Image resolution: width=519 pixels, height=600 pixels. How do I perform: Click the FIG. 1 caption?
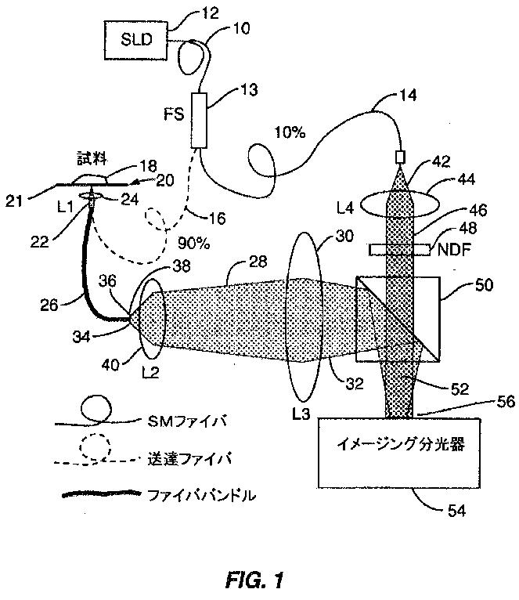click(x=254, y=580)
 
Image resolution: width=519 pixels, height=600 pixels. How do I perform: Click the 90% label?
click(x=193, y=244)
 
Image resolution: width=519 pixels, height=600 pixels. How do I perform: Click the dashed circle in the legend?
click(x=91, y=446)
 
